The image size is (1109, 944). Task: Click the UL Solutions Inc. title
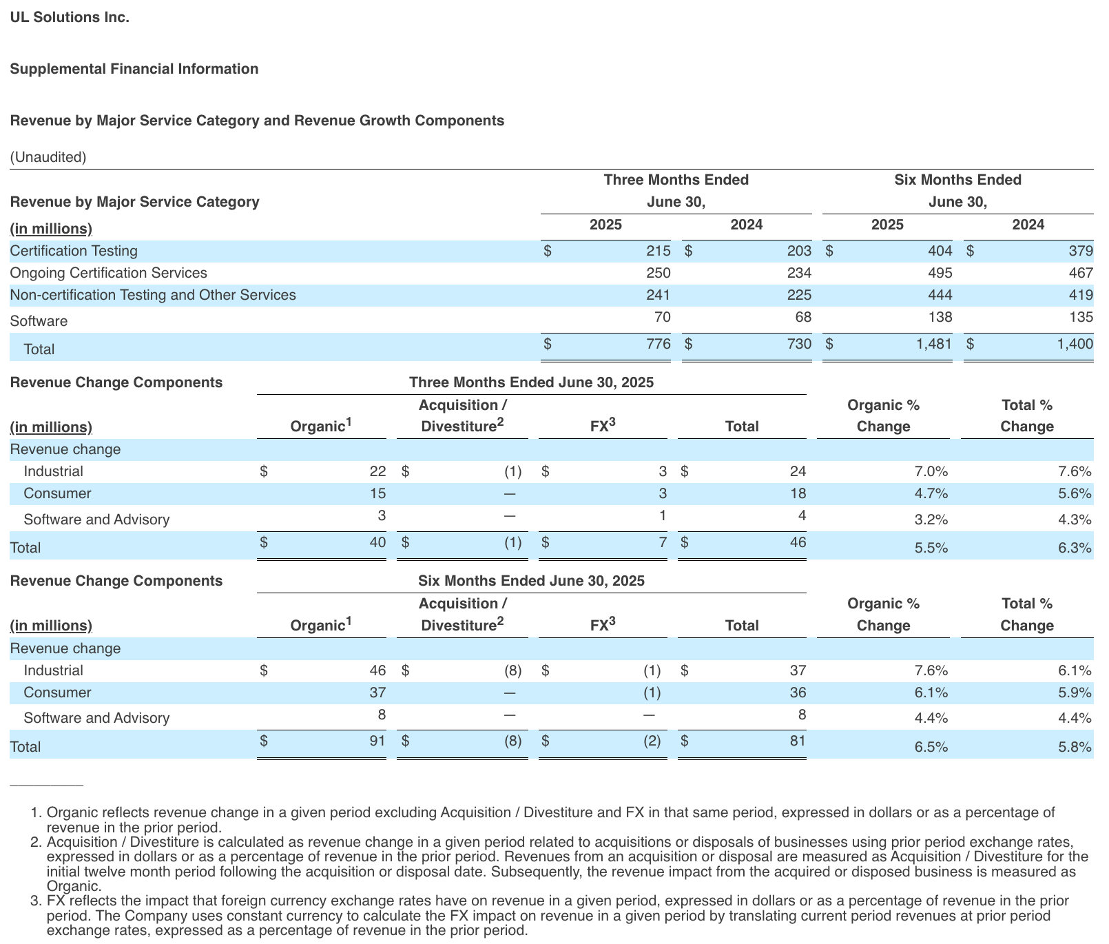tap(70, 17)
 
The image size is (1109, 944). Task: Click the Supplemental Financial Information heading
tap(134, 69)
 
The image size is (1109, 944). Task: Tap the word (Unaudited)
tap(48, 157)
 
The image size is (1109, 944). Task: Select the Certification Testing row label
tap(74, 251)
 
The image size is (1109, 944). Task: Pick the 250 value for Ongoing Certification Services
tap(658, 273)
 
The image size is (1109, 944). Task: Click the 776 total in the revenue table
tap(659, 344)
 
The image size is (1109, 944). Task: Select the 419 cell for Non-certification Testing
tap(1081, 295)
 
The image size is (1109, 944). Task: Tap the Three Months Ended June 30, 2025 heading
tap(531, 382)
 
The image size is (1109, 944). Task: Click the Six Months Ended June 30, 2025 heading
tap(531, 581)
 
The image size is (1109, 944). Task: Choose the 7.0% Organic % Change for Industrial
tap(931, 472)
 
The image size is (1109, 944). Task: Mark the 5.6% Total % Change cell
tap(1075, 494)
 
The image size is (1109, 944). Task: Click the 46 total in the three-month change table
tap(798, 542)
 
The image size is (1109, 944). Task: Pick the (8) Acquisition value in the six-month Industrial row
tap(512, 670)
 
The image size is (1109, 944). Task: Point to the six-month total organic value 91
tap(377, 741)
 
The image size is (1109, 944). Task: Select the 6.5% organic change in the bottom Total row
tap(931, 748)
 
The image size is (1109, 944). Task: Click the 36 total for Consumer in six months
tap(798, 692)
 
